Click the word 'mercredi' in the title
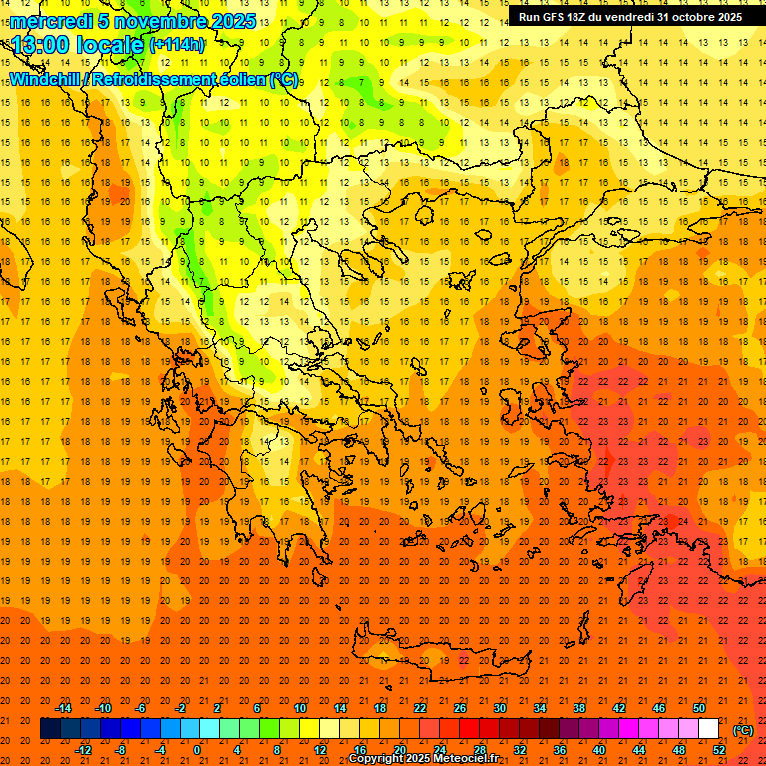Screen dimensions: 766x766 52,21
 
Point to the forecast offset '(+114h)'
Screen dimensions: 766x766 178,45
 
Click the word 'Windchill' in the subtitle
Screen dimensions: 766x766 46,79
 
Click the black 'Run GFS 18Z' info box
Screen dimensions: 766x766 629,17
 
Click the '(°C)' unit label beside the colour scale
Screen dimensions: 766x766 742,729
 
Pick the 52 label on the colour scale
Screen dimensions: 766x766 720,749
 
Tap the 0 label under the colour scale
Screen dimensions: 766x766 197,749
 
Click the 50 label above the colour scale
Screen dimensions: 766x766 699,708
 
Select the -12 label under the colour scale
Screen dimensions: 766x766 83,749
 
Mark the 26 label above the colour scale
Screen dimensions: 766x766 460,708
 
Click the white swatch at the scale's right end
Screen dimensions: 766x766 709,728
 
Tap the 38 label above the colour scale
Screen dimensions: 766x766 579,708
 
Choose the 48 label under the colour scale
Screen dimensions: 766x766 679,749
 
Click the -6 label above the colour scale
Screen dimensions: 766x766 141,708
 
